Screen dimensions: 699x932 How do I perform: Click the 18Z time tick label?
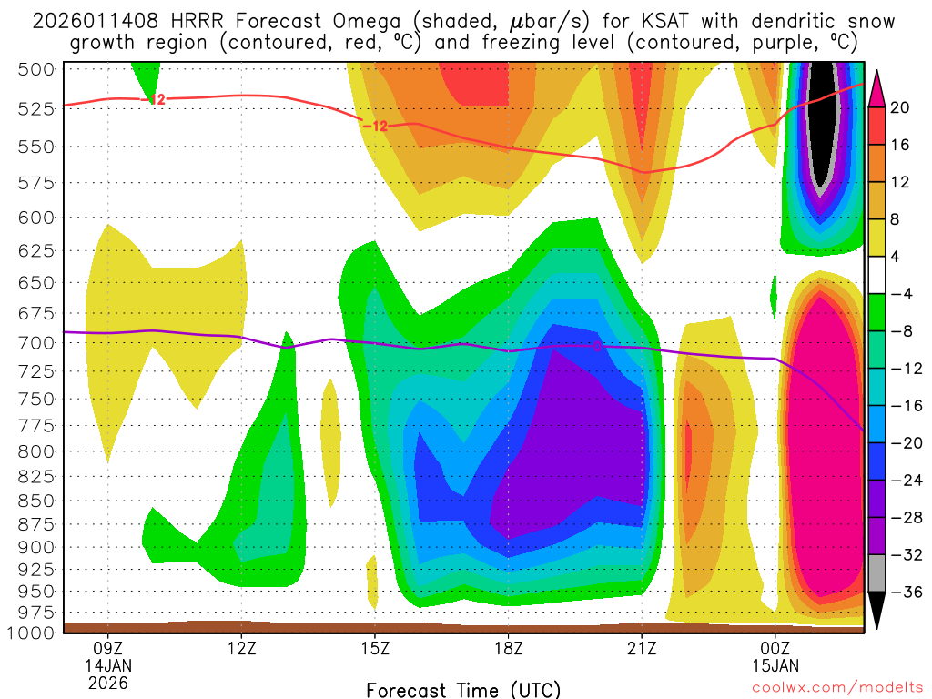point(508,650)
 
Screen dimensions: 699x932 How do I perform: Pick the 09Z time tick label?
point(108,650)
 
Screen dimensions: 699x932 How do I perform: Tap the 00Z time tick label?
point(775,650)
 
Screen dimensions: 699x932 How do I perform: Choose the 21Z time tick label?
point(642,650)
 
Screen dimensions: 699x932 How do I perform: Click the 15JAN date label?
point(775,666)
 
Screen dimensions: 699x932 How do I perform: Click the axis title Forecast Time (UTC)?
point(463,689)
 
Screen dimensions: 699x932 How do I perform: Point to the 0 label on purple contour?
point(597,346)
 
